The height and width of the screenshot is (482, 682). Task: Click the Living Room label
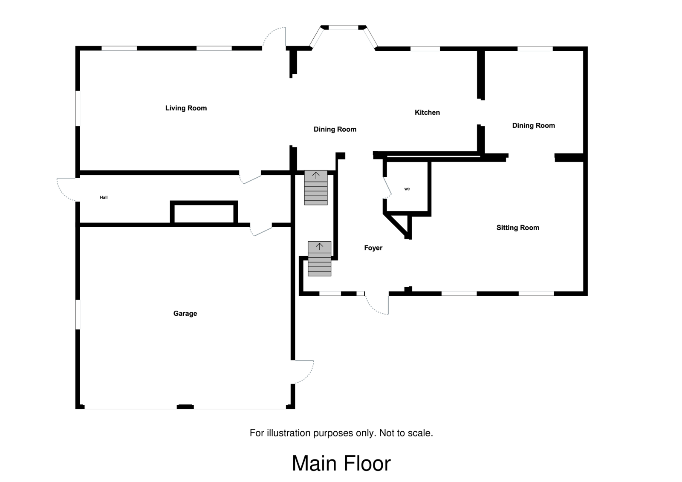coord(186,108)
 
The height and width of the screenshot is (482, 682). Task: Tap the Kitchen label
coord(427,113)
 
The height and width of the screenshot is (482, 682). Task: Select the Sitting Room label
coord(517,228)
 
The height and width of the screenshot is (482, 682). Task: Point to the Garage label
coord(185,314)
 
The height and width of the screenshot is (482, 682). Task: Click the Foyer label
coord(373,248)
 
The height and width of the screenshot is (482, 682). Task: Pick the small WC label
coord(407,189)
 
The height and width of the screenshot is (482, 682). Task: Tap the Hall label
coord(104,197)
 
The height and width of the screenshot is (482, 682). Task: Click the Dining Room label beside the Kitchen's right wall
coord(533,125)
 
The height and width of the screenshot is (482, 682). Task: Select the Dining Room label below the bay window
coord(335,129)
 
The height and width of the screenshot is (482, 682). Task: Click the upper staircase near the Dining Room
coord(316,188)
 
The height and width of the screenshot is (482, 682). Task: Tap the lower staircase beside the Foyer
coord(319,259)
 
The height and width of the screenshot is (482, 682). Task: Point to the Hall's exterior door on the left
coord(66,189)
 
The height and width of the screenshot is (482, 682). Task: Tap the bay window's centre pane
coord(344,28)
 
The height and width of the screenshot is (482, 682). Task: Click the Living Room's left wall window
coord(78,108)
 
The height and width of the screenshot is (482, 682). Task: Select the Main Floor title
coord(341,464)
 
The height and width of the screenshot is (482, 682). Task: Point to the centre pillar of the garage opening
coord(185,407)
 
